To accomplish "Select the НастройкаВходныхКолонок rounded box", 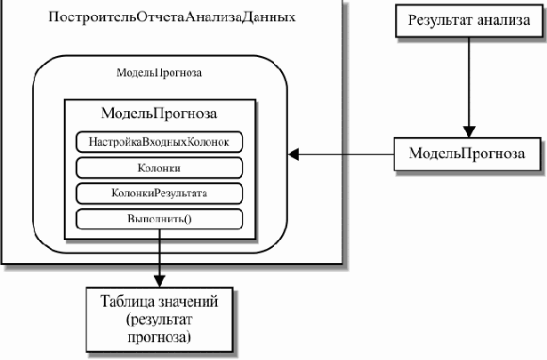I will point(159,142).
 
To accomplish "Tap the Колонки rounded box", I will point(159,167).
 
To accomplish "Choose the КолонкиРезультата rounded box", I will point(159,193).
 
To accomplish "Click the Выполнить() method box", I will point(159,219).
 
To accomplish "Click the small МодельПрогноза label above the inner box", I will point(159,74).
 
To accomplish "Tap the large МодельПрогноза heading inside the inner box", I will point(159,115).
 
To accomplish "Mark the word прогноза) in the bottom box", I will point(159,338).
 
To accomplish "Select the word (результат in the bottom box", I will point(159,320).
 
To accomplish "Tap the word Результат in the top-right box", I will point(433,20).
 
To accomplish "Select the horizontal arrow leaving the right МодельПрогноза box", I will point(347,154).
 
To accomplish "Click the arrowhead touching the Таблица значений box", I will point(159,280).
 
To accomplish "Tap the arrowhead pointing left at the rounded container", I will point(296,154).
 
